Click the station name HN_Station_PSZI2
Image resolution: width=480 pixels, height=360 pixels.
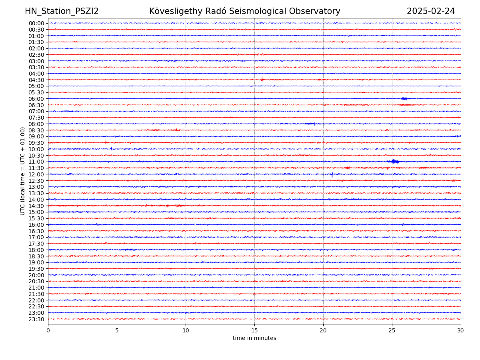(x=62, y=12)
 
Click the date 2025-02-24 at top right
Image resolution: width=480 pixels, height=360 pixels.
(x=431, y=12)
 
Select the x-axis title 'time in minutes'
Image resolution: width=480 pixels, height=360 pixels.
(x=254, y=338)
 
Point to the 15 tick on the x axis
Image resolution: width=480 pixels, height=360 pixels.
(x=254, y=331)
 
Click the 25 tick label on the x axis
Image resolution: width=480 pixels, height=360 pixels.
(x=392, y=331)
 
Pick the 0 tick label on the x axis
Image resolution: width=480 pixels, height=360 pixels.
(x=48, y=331)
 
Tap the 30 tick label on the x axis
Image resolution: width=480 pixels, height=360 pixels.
(x=461, y=331)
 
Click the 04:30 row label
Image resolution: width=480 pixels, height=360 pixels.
(x=36, y=80)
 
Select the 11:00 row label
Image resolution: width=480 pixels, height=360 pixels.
(x=36, y=162)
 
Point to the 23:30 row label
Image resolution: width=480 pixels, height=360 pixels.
(x=36, y=319)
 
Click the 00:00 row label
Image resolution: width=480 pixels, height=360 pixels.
(x=36, y=23)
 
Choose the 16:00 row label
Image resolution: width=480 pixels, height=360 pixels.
(x=36, y=225)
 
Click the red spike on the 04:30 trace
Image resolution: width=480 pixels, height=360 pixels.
(x=262, y=79)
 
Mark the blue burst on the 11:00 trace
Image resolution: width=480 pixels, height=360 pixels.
(x=394, y=161)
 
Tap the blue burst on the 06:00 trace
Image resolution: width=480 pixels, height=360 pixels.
(x=404, y=98)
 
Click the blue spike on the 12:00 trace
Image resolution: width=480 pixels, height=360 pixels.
(x=332, y=174)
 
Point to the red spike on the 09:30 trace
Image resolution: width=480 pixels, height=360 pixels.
(x=106, y=142)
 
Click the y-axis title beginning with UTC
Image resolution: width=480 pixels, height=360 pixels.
(x=23, y=171)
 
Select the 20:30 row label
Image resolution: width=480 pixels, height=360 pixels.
(x=36, y=282)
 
